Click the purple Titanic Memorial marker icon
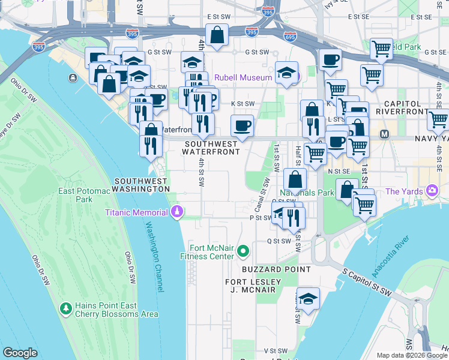coord(177,212)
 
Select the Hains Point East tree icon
coord(65,308)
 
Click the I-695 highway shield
coord(290,37)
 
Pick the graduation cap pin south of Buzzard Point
coord(308,299)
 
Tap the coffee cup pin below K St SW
coord(242,126)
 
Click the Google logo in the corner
coord(20,353)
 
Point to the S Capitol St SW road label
coord(367,282)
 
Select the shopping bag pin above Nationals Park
coord(295,179)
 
